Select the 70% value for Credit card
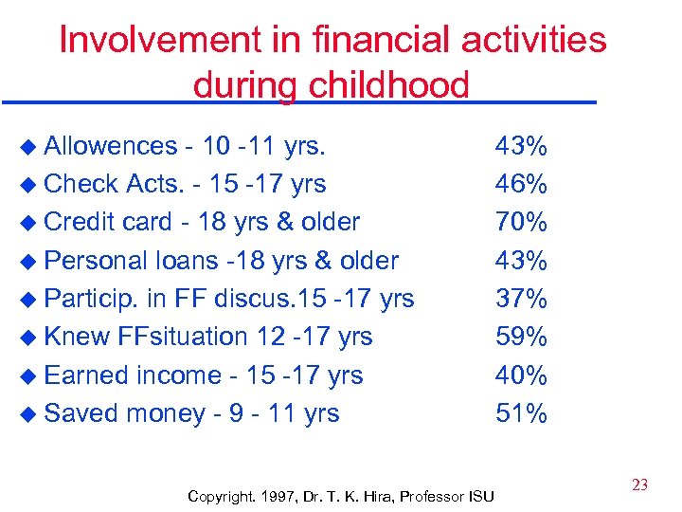pos(521,222)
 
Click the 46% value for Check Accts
pos(521,184)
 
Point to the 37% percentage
pos(521,299)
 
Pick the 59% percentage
pos(521,337)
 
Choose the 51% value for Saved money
pos(521,413)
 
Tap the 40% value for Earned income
pos(521,375)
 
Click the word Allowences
pos(111,146)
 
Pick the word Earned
pos(86,375)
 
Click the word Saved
pos(81,413)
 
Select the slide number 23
pos(639,485)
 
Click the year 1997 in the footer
pos(278,496)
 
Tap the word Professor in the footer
pos(432,496)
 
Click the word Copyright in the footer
pos(221,496)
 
